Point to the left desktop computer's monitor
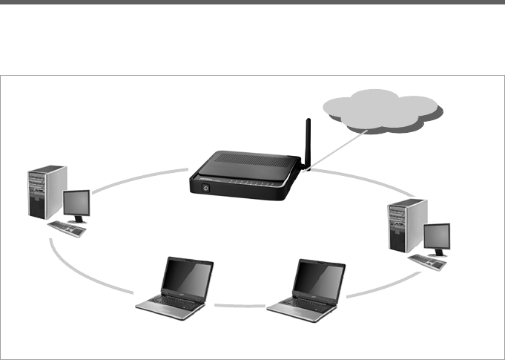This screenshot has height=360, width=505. pos(76,204)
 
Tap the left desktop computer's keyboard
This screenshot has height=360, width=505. pos(67,229)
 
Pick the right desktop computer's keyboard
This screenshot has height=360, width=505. pos(427,262)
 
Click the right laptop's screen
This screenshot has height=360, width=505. pos(319,279)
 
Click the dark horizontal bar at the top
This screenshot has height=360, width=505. pos(252,2)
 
